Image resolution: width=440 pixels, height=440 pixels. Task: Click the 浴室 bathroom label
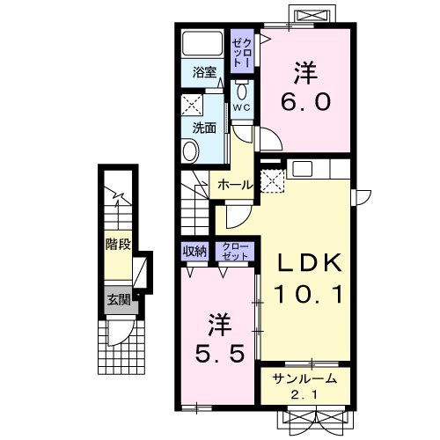tap(204, 72)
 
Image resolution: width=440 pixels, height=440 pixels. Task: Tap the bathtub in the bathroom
tap(202, 43)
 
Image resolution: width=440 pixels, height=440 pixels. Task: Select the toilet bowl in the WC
tap(242, 92)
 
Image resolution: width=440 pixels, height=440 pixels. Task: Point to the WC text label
tap(242, 107)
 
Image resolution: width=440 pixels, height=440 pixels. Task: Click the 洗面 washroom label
tap(204, 128)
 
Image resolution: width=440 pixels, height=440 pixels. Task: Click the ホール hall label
tap(235, 185)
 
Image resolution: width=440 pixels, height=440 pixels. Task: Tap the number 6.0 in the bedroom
tap(306, 101)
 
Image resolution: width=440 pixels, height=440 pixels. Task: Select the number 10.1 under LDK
tap(308, 295)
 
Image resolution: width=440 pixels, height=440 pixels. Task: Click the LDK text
tap(310, 262)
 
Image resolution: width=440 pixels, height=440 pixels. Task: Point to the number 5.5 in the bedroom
tap(220, 353)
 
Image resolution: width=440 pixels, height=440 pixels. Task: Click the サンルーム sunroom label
tap(304, 379)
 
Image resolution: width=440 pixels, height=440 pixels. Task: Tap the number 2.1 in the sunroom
tap(304, 395)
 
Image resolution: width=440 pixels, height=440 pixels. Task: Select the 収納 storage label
tap(194, 252)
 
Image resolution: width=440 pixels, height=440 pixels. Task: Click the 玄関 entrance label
tap(119, 300)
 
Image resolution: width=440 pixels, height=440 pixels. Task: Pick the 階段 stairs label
tap(118, 245)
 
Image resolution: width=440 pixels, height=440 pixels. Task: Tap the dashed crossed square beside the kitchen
tap(273, 181)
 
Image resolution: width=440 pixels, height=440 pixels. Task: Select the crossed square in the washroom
tap(192, 105)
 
